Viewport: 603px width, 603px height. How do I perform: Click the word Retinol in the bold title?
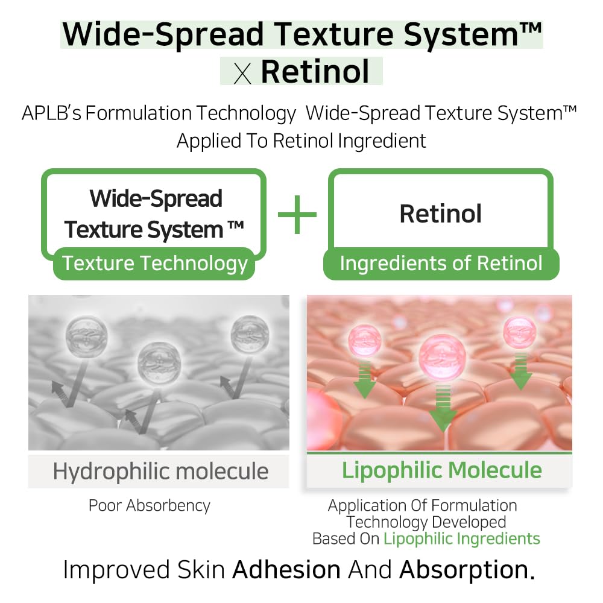[315, 71]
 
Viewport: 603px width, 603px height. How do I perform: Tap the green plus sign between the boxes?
[297, 213]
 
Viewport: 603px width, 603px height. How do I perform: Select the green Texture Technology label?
[155, 264]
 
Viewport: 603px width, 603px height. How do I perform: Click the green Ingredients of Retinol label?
[441, 264]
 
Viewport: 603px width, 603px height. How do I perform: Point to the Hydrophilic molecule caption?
[160, 471]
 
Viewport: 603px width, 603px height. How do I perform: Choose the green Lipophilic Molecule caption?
[442, 470]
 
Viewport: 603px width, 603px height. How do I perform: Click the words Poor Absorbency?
[150, 505]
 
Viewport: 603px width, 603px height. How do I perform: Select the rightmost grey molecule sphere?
[249, 334]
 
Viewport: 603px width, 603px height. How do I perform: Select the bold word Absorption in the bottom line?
[466, 570]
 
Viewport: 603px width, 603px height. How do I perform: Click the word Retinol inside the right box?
[440, 213]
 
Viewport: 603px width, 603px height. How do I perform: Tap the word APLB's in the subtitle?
[51, 113]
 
